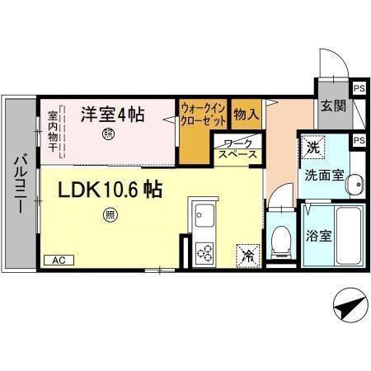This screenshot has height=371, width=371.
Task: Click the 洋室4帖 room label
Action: click(x=112, y=114)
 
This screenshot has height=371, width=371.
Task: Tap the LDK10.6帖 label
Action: click(x=109, y=190)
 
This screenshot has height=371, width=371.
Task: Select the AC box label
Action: click(x=58, y=260)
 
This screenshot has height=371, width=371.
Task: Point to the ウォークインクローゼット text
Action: click(x=202, y=112)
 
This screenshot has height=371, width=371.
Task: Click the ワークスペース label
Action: click(x=238, y=149)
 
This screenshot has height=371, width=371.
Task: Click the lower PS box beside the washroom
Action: click(x=359, y=140)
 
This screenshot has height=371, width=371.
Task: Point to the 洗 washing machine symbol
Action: click(x=312, y=148)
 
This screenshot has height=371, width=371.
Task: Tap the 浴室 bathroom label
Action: click(x=318, y=235)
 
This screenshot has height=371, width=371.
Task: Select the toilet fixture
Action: click(x=279, y=239)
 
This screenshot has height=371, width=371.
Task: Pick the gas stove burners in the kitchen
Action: click(x=204, y=253)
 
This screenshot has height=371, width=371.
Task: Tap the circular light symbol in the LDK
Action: click(x=109, y=216)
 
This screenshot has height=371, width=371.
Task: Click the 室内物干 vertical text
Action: click(x=52, y=131)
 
